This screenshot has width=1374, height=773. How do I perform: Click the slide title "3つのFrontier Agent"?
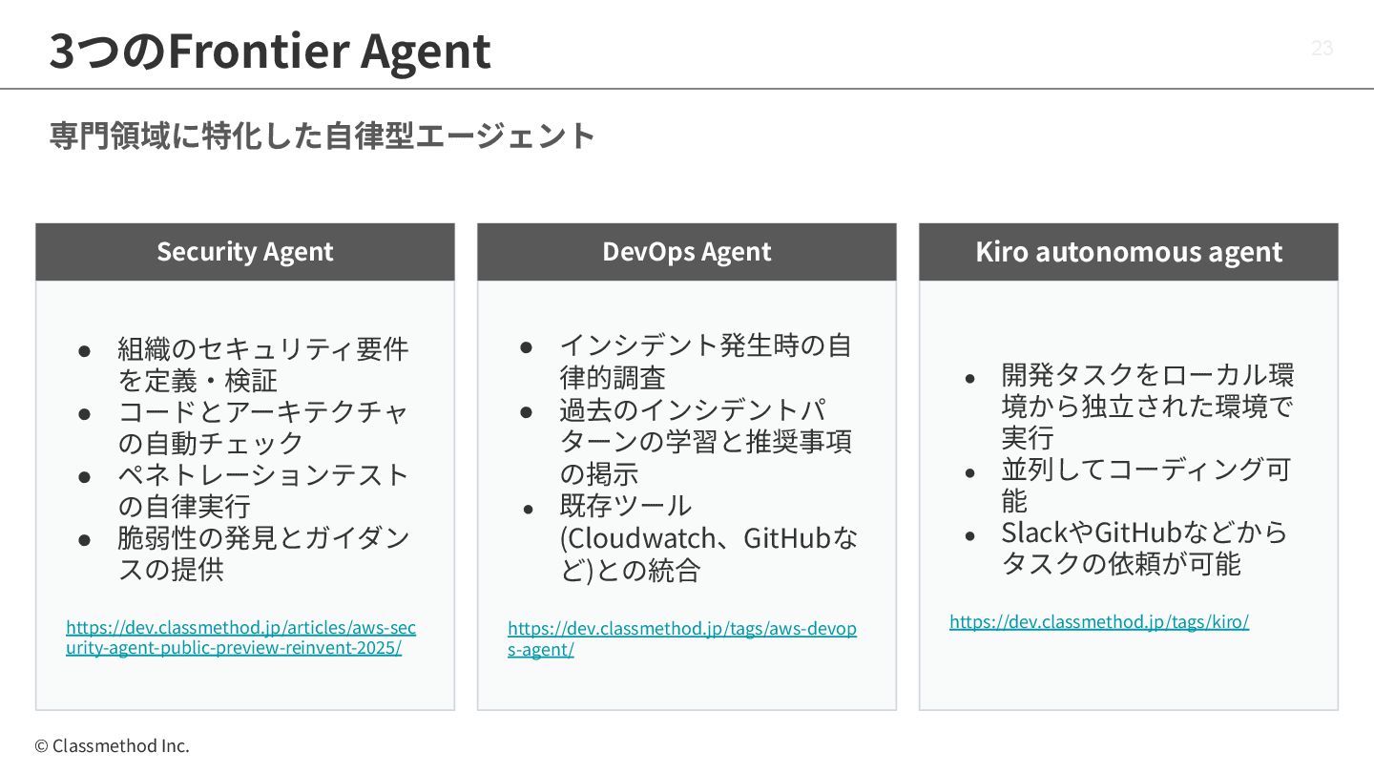click(x=270, y=52)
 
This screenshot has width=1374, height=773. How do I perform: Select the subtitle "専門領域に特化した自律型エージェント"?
click(x=323, y=136)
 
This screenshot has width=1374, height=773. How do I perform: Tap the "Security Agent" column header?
click(x=245, y=252)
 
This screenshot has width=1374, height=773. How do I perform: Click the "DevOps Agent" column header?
click(x=687, y=252)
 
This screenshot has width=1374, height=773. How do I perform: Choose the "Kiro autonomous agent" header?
click(x=1129, y=252)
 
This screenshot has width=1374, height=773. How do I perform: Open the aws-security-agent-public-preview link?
click(x=240, y=637)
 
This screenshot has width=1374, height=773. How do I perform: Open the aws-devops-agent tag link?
click(x=681, y=638)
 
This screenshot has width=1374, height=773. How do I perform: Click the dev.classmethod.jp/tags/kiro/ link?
click(x=1098, y=622)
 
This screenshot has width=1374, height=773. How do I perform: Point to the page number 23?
click(x=1322, y=49)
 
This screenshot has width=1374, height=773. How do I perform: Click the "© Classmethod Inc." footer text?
click(x=113, y=746)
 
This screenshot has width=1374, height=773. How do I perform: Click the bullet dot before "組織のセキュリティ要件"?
click(x=85, y=350)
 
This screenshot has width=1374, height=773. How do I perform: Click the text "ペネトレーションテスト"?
click(x=263, y=474)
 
